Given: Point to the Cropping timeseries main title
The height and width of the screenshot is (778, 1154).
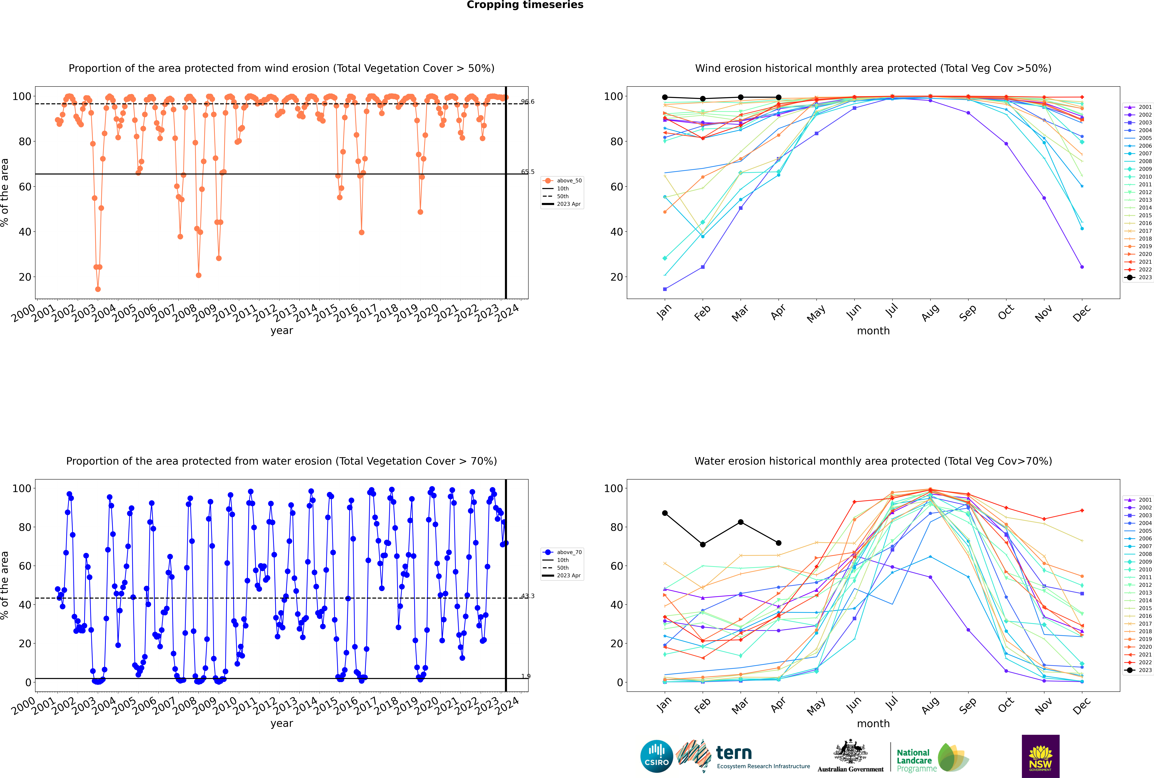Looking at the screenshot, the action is coord(525,5).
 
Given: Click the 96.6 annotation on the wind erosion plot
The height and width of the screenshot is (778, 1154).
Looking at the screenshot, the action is coord(527,102).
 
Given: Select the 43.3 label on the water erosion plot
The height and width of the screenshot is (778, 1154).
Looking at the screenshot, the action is coord(527,596).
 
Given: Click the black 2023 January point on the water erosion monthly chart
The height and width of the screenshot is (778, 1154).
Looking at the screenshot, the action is coord(665,513).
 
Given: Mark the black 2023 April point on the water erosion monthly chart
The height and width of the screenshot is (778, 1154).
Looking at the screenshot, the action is coord(778,543).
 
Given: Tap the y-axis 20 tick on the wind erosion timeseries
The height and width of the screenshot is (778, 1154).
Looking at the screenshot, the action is coord(25,277).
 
